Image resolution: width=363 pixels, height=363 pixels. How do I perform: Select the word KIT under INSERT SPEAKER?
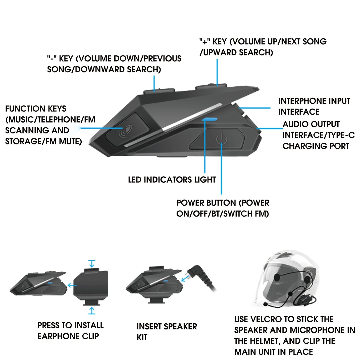tap(142, 337)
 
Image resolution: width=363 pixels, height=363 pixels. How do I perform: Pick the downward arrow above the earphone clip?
tap(92, 264)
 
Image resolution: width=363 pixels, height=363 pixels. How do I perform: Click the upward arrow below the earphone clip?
tap(92, 311)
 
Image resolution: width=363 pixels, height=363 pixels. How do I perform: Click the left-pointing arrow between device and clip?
tap(72, 285)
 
